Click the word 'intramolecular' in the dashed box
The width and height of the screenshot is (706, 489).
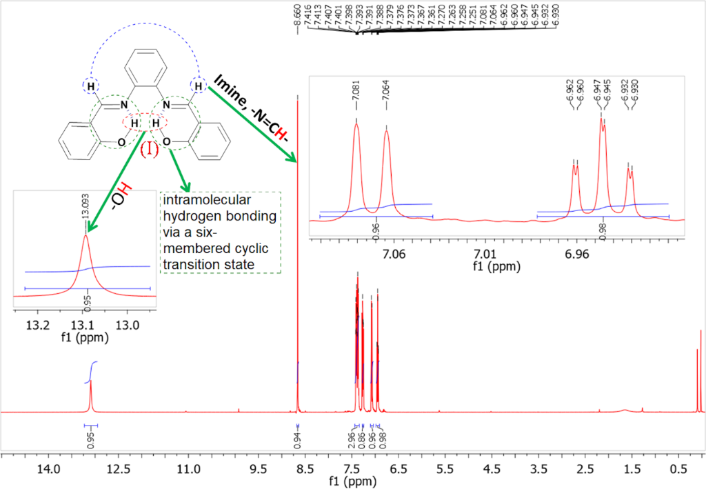(x=194, y=201)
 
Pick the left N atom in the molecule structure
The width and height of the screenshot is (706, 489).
(x=124, y=105)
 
